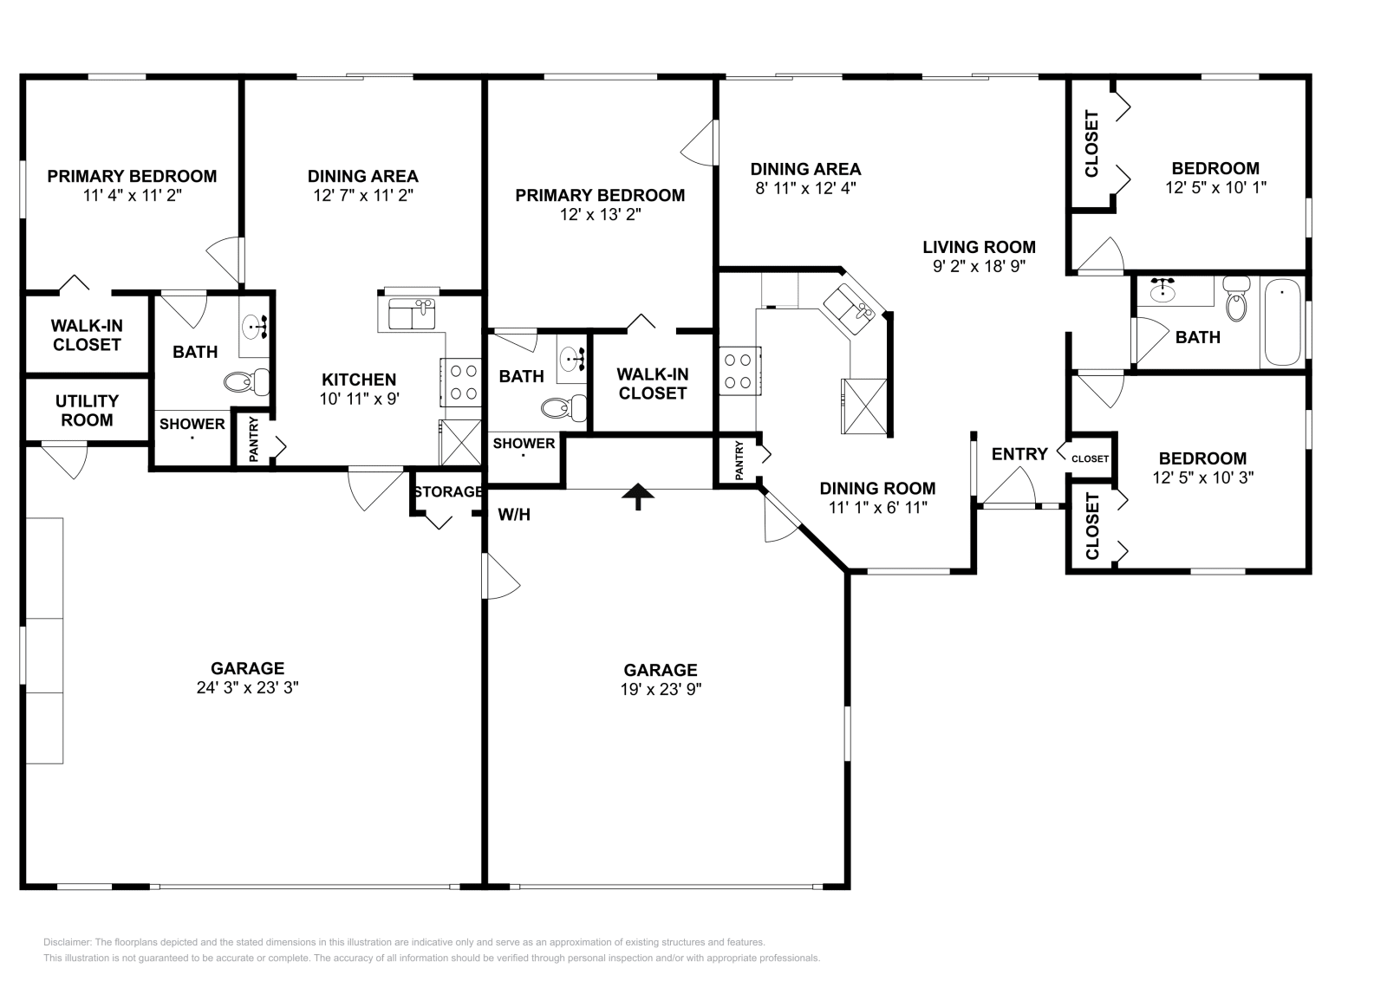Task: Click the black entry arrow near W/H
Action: coord(638,496)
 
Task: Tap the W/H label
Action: coord(514,515)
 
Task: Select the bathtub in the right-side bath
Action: coord(1283,322)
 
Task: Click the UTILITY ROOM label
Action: coord(87,411)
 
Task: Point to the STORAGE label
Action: coord(447,492)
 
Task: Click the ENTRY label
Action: coord(1019,454)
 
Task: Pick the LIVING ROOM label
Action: coord(979,247)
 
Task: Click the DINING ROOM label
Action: coord(877,488)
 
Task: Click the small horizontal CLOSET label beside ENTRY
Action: coord(1090,458)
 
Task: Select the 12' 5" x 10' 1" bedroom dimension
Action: coord(1215,186)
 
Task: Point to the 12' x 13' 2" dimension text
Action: coord(600,214)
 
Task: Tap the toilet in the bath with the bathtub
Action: coord(1236,302)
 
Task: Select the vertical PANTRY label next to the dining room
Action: coord(739,460)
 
